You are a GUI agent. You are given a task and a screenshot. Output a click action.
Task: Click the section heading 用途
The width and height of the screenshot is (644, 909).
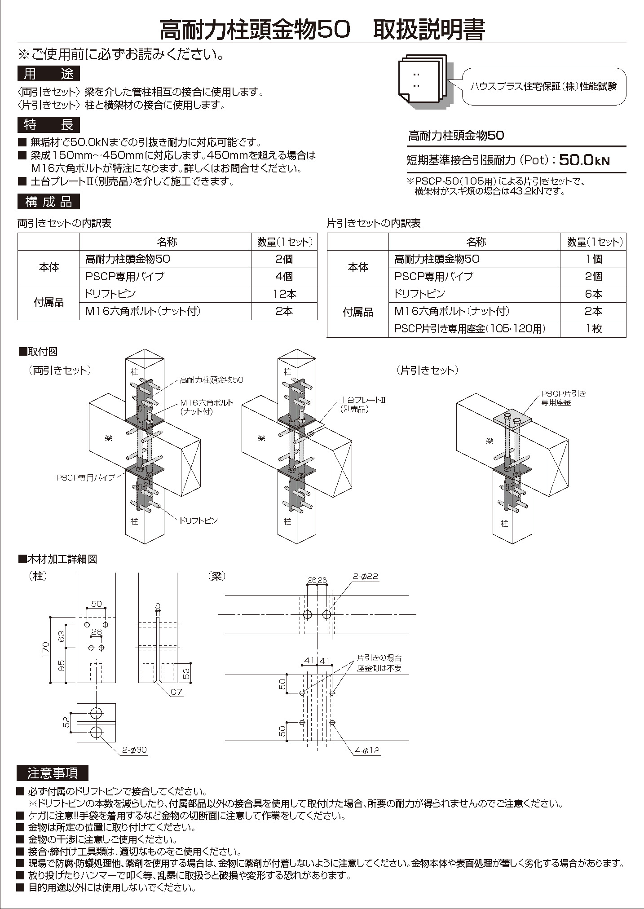tap(49, 73)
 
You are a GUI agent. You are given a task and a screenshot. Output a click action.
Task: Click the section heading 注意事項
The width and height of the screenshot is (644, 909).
tap(53, 773)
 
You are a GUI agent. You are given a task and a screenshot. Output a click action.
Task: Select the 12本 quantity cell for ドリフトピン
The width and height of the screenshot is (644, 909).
tap(284, 294)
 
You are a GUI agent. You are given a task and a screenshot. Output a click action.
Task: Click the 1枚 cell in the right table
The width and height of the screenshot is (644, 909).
tap(593, 328)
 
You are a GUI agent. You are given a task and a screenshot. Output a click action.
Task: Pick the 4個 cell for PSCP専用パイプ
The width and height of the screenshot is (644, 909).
tap(284, 277)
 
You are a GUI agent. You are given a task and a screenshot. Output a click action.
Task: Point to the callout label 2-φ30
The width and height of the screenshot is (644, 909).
tap(134, 750)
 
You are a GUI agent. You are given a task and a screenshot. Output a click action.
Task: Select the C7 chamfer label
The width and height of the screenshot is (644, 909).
tap(176, 692)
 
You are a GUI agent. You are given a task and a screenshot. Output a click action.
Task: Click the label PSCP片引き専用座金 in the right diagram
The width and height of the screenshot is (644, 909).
tap(563, 398)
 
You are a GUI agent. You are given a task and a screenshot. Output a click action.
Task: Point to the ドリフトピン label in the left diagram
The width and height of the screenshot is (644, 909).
tap(198, 521)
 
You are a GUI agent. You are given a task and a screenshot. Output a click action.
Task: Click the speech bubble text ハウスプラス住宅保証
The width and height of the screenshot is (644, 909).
tap(543, 87)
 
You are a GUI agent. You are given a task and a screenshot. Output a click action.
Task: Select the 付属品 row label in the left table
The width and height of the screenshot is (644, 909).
tap(49, 302)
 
